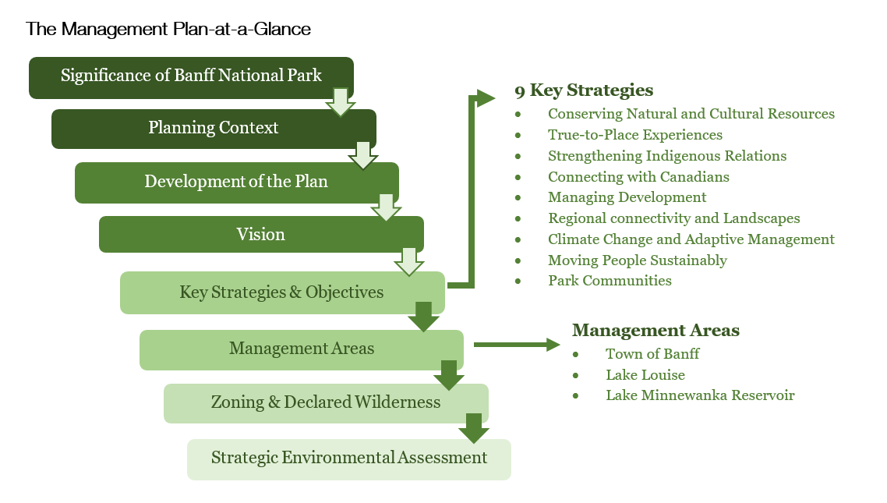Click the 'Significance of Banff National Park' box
[x=191, y=77]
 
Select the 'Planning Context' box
[x=214, y=129]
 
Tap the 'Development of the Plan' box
[x=236, y=182]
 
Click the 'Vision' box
[x=261, y=234]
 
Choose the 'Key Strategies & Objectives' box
[x=281, y=292]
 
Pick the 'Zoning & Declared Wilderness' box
[x=326, y=403]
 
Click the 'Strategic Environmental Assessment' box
[x=349, y=459]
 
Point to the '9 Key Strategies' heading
[x=584, y=90]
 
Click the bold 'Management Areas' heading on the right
[x=656, y=330]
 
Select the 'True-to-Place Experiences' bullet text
[x=634, y=135]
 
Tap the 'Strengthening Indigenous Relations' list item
[x=667, y=156]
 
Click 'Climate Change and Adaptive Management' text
[x=691, y=239]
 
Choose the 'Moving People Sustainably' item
[x=637, y=260]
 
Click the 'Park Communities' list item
[x=610, y=281]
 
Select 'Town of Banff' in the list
[x=652, y=353]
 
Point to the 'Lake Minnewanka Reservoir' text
[x=700, y=395]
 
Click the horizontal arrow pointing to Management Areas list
[x=517, y=344]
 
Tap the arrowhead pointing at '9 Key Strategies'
[x=486, y=98]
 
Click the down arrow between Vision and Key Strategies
[x=409, y=261]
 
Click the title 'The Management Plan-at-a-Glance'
[x=168, y=30]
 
